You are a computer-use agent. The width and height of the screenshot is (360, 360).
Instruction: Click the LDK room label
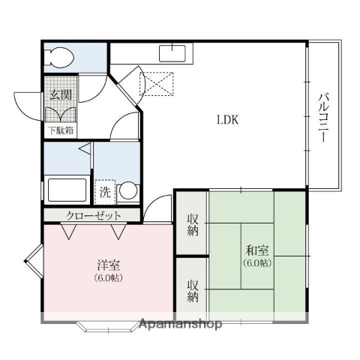pyautogui.click(x=228, y=118)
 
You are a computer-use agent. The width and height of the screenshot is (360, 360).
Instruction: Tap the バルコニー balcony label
pyautogui.click(x=323, y=118)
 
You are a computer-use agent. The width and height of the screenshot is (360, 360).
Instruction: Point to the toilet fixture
pyautogui.click(x=58, y=57)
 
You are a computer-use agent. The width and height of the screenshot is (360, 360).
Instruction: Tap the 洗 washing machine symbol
pyautogui.click(x=106, y=191)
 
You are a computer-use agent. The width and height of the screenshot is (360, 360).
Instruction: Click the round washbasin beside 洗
pyautogui.click(x=127, y=191)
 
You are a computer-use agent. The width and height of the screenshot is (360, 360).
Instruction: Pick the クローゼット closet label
pyautogui.click(x=92, y=215)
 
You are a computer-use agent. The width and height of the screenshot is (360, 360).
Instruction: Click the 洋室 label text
pyautogui.click(x=107, y=265)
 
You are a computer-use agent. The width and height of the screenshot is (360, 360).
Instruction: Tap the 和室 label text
pyautogui.click(x=256, y=251)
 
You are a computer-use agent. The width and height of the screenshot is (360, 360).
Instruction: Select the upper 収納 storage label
pyautogui.click(x=192, y=224)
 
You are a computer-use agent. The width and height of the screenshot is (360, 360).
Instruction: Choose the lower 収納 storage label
pyautogui.click(x=192, y=290)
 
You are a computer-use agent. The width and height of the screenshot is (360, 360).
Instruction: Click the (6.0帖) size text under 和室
pyautogui.click(x=256, y=264)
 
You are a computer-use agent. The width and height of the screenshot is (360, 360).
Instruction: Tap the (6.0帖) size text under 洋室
pyautogui.click(x=107, y=278)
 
